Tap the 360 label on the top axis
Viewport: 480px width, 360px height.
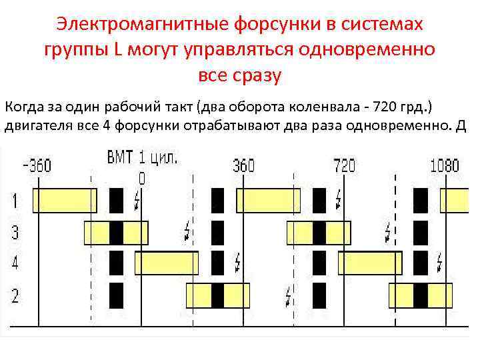[243, 165]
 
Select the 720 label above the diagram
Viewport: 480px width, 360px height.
[344, 165]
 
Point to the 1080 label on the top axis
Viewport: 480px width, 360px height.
[445, 165]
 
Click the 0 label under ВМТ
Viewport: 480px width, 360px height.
[141, 178]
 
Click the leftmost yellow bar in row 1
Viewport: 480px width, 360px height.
[65, 200]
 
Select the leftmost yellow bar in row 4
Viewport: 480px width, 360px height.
[167, 263]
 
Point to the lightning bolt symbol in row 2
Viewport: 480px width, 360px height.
[289, 294]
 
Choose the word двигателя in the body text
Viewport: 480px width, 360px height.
[38, 128]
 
